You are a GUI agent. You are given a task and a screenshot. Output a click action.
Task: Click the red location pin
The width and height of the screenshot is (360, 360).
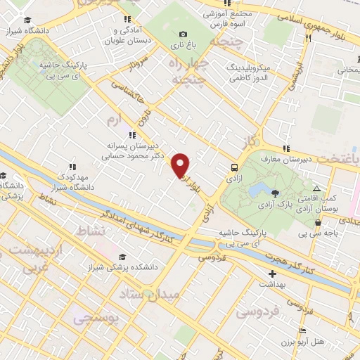pos(181,165)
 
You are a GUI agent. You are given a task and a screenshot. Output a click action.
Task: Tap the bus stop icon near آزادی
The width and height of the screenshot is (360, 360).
pos(233,167)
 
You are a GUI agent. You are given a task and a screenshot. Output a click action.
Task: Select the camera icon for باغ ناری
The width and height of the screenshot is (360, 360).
pos(184,34)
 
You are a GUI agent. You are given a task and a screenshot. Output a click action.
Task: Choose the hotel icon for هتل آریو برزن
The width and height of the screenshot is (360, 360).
pos(302,330)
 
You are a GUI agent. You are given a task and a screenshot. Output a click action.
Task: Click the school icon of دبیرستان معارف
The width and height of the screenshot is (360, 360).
pos(285,148)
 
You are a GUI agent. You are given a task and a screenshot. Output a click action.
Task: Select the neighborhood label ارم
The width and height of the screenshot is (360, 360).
pos(113,120)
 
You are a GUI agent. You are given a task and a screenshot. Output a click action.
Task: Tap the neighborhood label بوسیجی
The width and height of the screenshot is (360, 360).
pos(96,317)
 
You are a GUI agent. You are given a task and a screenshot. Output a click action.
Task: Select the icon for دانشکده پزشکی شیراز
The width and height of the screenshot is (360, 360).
pos(123,257)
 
